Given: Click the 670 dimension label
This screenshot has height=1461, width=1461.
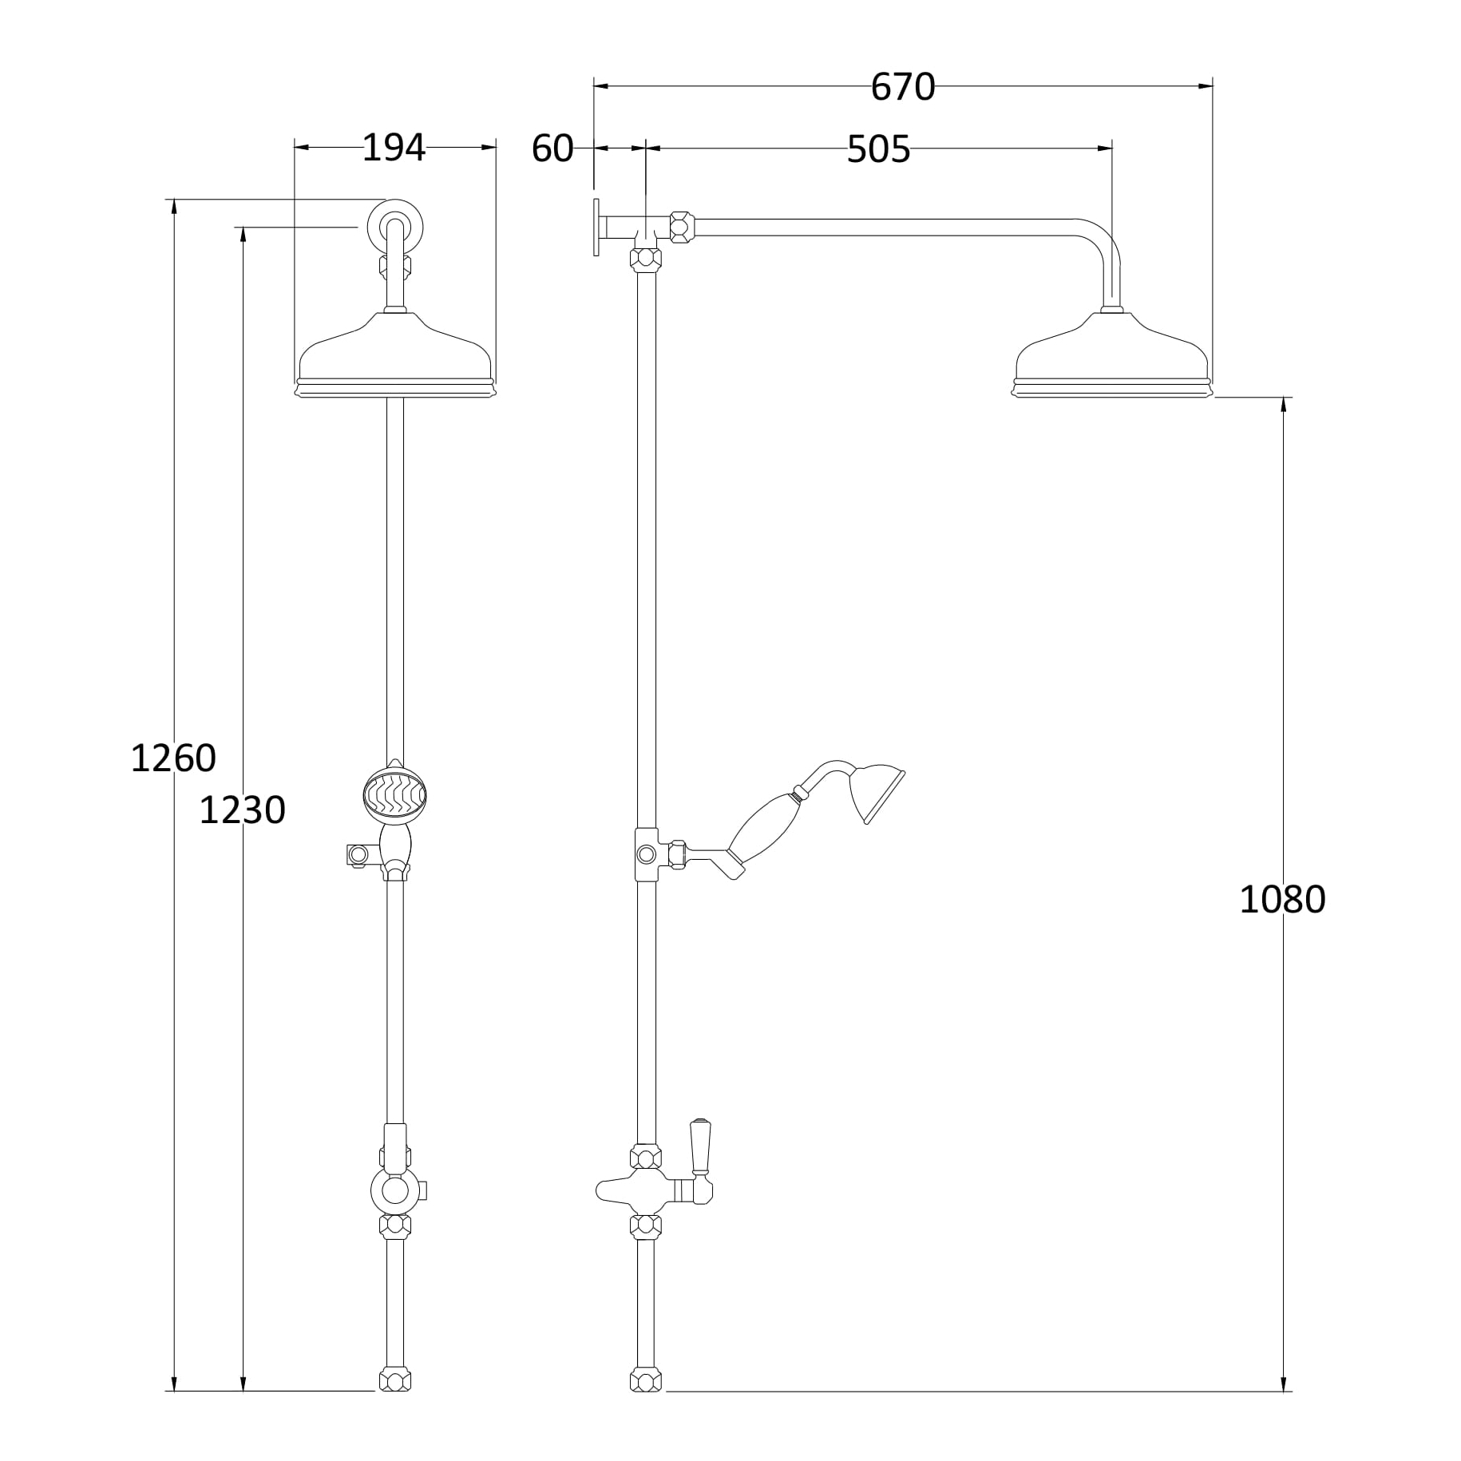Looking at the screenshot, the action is point(902,87).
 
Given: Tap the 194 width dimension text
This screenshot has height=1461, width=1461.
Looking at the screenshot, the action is point(394,148).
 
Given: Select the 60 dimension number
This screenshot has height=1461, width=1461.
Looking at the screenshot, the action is point(552,148).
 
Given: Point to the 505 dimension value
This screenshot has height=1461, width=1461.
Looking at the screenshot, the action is point(878,149).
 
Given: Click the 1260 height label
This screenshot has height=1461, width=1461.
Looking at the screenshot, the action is point(173,758).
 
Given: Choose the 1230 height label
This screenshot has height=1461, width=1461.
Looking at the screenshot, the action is point(242,810).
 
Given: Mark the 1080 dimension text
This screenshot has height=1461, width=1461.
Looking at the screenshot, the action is point(1282,900).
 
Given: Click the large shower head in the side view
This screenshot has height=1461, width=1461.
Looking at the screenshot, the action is point(1113,354).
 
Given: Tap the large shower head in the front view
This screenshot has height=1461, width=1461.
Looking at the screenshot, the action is point(395,354).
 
